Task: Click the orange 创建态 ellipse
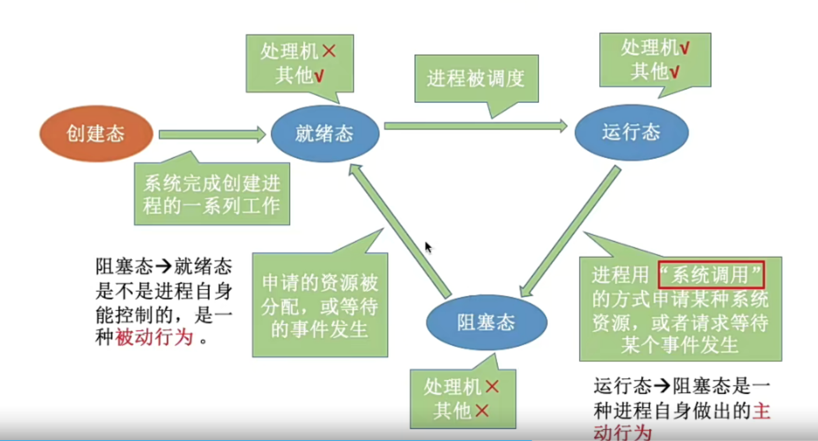click(x=96, y=134)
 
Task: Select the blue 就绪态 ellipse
click(x=325, y=134)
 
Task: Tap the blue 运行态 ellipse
click(x=632, y=132)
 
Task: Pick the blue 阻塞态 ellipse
click(x=487, y=323)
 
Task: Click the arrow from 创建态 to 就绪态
click(x=212, y=134)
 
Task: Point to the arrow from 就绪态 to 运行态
click(x=475, y=126)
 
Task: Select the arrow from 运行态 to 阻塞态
click(x=570, y=232)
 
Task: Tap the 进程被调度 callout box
click(x=476, y=78)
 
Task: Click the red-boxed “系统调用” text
click(x=711, y=275)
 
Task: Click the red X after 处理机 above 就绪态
click(x=329, y=51)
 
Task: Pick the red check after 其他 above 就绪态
click(x=319, y=76)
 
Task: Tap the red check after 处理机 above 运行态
click(x=685, y=48)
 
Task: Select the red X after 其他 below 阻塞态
click(x=482, y=411)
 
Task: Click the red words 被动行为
click(x=154, y=337)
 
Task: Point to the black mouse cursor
click(x=428, y=247)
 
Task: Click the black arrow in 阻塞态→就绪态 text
click(x=163, y=266)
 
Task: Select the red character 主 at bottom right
click(x=761, y=411)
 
